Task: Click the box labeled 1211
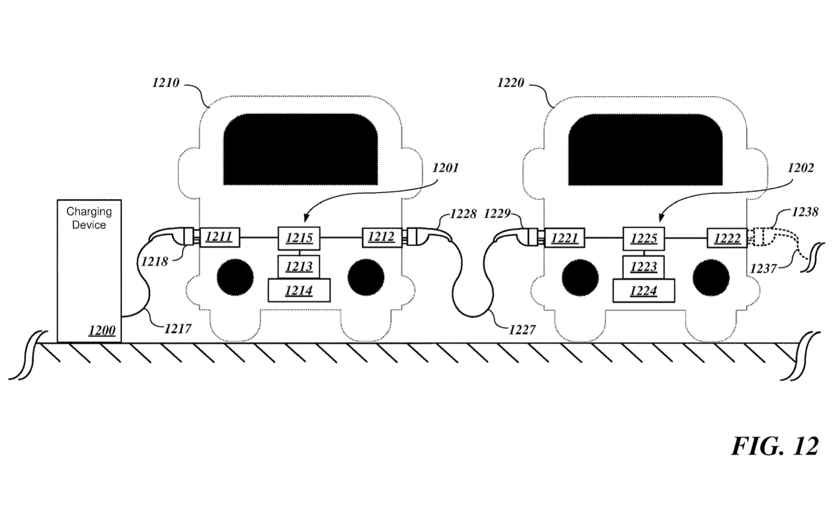220,237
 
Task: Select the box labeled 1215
299,238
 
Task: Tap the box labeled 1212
381,237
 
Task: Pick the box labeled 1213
299,266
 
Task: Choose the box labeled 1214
299,291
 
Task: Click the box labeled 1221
564,238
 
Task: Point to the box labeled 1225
644,238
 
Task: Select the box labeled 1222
727,238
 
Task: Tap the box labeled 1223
644,267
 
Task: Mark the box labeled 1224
644,291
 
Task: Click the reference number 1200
102,330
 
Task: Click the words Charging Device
89,218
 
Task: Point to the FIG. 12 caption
775,446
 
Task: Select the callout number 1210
165,83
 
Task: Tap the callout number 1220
510,83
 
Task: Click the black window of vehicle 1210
301,149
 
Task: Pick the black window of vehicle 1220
645,149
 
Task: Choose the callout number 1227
522,330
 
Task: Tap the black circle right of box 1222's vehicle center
711,277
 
